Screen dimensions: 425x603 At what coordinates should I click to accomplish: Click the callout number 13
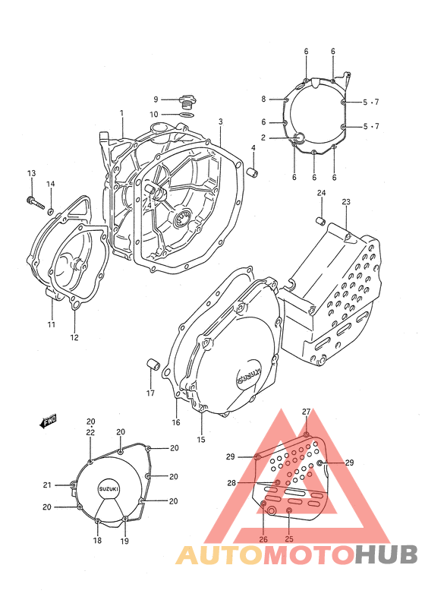[32, 173]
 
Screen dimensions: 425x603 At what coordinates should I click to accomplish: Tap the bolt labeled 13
[36, 203]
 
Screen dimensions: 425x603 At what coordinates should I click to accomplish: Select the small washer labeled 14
[50, 211]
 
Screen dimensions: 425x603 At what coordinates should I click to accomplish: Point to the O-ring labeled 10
[187, 115]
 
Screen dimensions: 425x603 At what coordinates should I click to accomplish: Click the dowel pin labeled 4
[253, 172]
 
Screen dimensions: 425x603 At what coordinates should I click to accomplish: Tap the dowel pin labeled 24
[320, 221]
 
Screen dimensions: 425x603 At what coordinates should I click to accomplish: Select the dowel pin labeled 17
[153, 364]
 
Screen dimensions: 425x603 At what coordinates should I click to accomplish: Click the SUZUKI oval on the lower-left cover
[109, 489]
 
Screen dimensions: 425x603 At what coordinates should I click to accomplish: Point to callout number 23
[346, 202]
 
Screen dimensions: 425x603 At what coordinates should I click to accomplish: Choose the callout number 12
[74, 337]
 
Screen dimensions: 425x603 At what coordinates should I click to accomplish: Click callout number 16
[176, 423]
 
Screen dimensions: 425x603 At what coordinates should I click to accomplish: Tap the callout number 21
[47, 485]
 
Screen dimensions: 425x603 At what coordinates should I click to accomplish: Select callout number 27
[306, 412]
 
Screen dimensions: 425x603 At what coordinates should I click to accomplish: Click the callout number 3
[221, 122]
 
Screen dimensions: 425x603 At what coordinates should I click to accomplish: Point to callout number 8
[263, 99]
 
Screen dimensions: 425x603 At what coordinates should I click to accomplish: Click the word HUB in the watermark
[386, 554]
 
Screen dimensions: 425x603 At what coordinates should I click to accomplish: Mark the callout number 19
[124, 541]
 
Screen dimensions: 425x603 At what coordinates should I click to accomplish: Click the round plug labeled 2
[299, 137]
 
